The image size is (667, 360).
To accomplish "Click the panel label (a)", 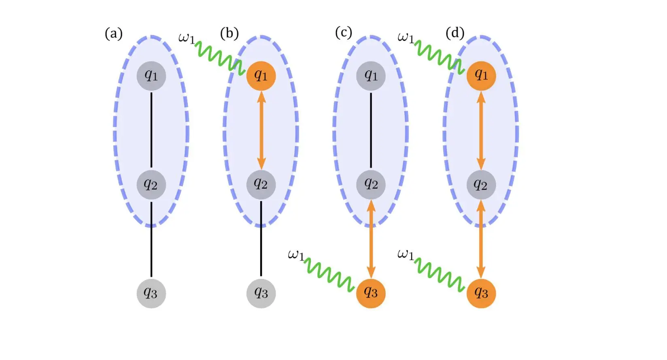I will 113,34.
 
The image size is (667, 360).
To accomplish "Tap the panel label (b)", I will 229,33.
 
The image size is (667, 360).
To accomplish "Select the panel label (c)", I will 344,32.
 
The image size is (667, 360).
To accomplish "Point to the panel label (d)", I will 455,33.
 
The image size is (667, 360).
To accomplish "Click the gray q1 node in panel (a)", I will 151,76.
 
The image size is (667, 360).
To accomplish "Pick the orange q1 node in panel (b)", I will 261,76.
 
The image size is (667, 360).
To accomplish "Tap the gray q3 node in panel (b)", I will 261,293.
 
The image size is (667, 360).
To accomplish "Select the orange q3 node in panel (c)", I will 371,293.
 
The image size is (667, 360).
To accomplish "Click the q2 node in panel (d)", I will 481,185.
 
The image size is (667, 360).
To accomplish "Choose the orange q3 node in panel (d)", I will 481,293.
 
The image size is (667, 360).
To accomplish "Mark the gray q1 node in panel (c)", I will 371,76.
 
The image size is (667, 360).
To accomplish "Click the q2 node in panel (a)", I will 151,185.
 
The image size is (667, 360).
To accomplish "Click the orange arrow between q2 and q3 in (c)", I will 371,239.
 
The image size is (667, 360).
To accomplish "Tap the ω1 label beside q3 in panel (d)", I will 406,255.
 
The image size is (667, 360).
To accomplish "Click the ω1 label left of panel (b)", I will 186,38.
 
